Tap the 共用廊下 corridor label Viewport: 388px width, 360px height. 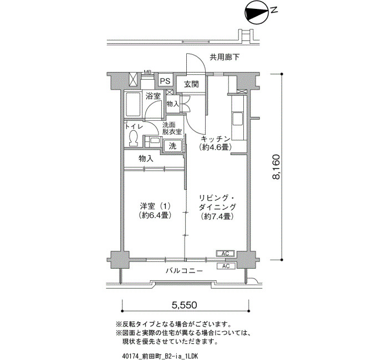(x=224, y=58)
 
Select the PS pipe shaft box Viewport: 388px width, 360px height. (x=165, y=81)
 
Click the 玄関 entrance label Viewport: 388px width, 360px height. (x=192, y=84)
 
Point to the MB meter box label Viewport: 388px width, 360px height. (x=148, y=72)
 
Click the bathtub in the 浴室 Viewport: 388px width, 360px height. (x=134, y=104)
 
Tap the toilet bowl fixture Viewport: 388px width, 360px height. (x=134, y=138)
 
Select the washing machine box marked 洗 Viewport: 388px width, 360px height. (x=173, y=146)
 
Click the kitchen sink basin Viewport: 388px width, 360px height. (x=237, y=120)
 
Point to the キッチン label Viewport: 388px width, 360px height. (x=216, y=138)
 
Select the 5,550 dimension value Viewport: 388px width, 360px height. (x=185, y=305)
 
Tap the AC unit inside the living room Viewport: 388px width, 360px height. (x=226, y=254)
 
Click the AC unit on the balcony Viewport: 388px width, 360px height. (x=226, y=266)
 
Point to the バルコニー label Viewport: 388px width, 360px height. (x=184, y=271)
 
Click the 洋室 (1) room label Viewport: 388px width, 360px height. (x=155, y=206)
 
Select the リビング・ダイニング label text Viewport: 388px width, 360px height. (x=217, y=202)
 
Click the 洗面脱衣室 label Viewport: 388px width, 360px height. (x=172, y=128)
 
